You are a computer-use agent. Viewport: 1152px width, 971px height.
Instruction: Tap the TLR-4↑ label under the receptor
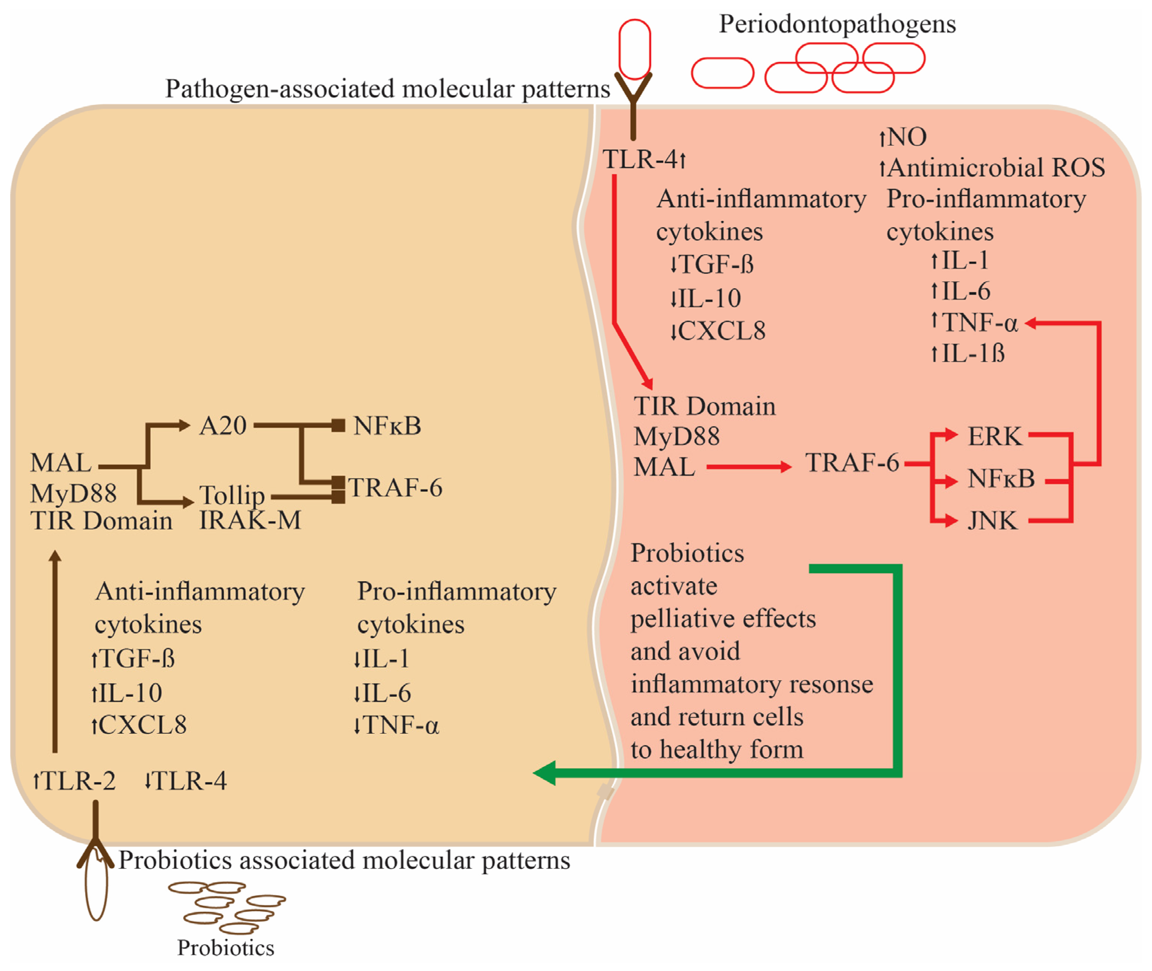click(x=644, y=160)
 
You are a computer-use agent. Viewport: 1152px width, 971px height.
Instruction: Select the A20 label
click(x=223, y=426)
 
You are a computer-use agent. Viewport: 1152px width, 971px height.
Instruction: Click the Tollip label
click(x=232, y=495)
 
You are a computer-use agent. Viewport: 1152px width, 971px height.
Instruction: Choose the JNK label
click(x=992, y=521)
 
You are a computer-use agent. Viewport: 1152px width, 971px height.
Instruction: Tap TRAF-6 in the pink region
click(x=851, y=463)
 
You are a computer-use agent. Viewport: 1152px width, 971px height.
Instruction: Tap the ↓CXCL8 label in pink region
click(x=717, y=331)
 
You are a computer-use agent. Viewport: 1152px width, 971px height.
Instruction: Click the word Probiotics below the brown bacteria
click(x=225, y=948)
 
